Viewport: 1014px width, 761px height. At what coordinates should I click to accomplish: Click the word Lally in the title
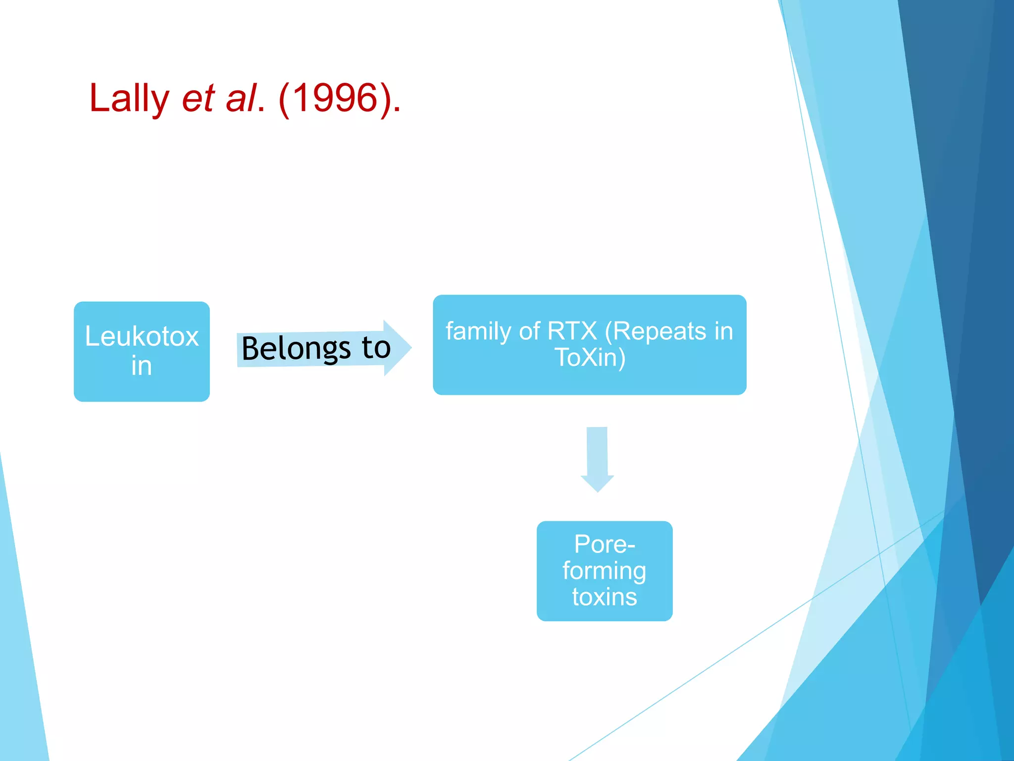129,98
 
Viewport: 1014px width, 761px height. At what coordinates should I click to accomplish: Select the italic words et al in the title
220,98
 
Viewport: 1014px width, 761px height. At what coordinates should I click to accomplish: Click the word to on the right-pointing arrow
376,347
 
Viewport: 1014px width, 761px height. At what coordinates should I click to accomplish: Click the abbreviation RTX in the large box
573,331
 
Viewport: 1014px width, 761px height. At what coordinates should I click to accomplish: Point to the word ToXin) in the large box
590,357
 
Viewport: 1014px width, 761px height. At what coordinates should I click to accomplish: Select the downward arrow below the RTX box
597,459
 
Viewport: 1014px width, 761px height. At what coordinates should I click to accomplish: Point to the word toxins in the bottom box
605,597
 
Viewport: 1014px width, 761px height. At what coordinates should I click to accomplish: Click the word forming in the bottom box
604,571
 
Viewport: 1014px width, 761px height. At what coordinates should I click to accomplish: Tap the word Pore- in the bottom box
604,544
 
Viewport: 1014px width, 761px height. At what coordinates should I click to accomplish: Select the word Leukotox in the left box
142,336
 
